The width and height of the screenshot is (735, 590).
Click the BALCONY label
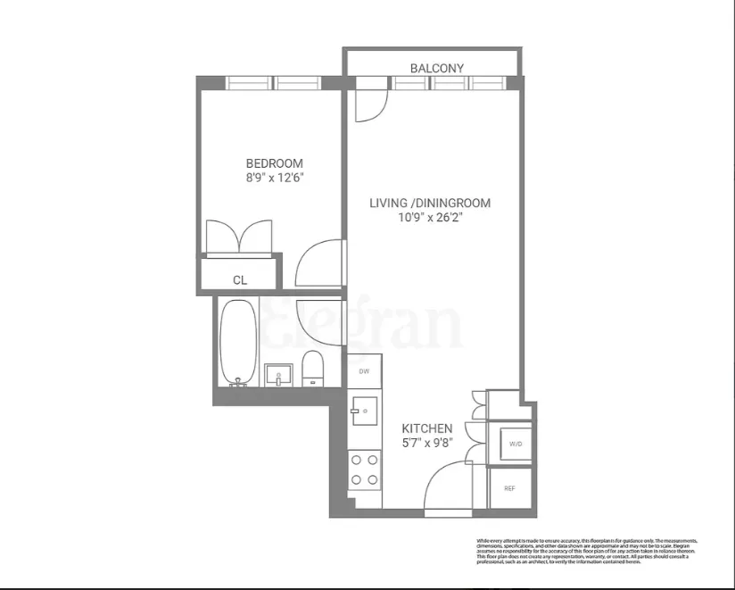click(x=437, y=68)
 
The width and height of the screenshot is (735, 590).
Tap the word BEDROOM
click(x=275, y=163)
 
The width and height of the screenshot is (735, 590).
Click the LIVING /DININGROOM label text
click(x=430, y=204)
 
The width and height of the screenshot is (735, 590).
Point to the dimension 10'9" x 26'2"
click(x=430, y=219)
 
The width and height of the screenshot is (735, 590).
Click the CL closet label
click(x=240, y=280)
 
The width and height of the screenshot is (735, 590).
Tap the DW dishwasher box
click(x=364, y=370)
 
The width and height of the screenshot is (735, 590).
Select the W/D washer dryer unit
click(x=515, y=444)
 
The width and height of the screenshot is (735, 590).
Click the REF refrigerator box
click(x=509, y=488)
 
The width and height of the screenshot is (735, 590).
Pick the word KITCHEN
click(x=426, y=428)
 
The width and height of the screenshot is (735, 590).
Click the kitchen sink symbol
click(x=365, y=411)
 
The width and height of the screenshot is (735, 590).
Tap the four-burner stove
click(x=364, y=470)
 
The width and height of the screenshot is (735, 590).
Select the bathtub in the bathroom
click(x=237, y=341)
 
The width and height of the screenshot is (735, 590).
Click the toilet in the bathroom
click(x=312, y=369)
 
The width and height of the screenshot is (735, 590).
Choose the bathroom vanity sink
click(x=278, y=374)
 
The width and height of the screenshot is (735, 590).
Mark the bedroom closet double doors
click(x=239, y=238)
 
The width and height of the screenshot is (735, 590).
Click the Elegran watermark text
click(x=361, y=326)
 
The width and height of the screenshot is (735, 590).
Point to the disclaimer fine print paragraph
click(x=587, y=551)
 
